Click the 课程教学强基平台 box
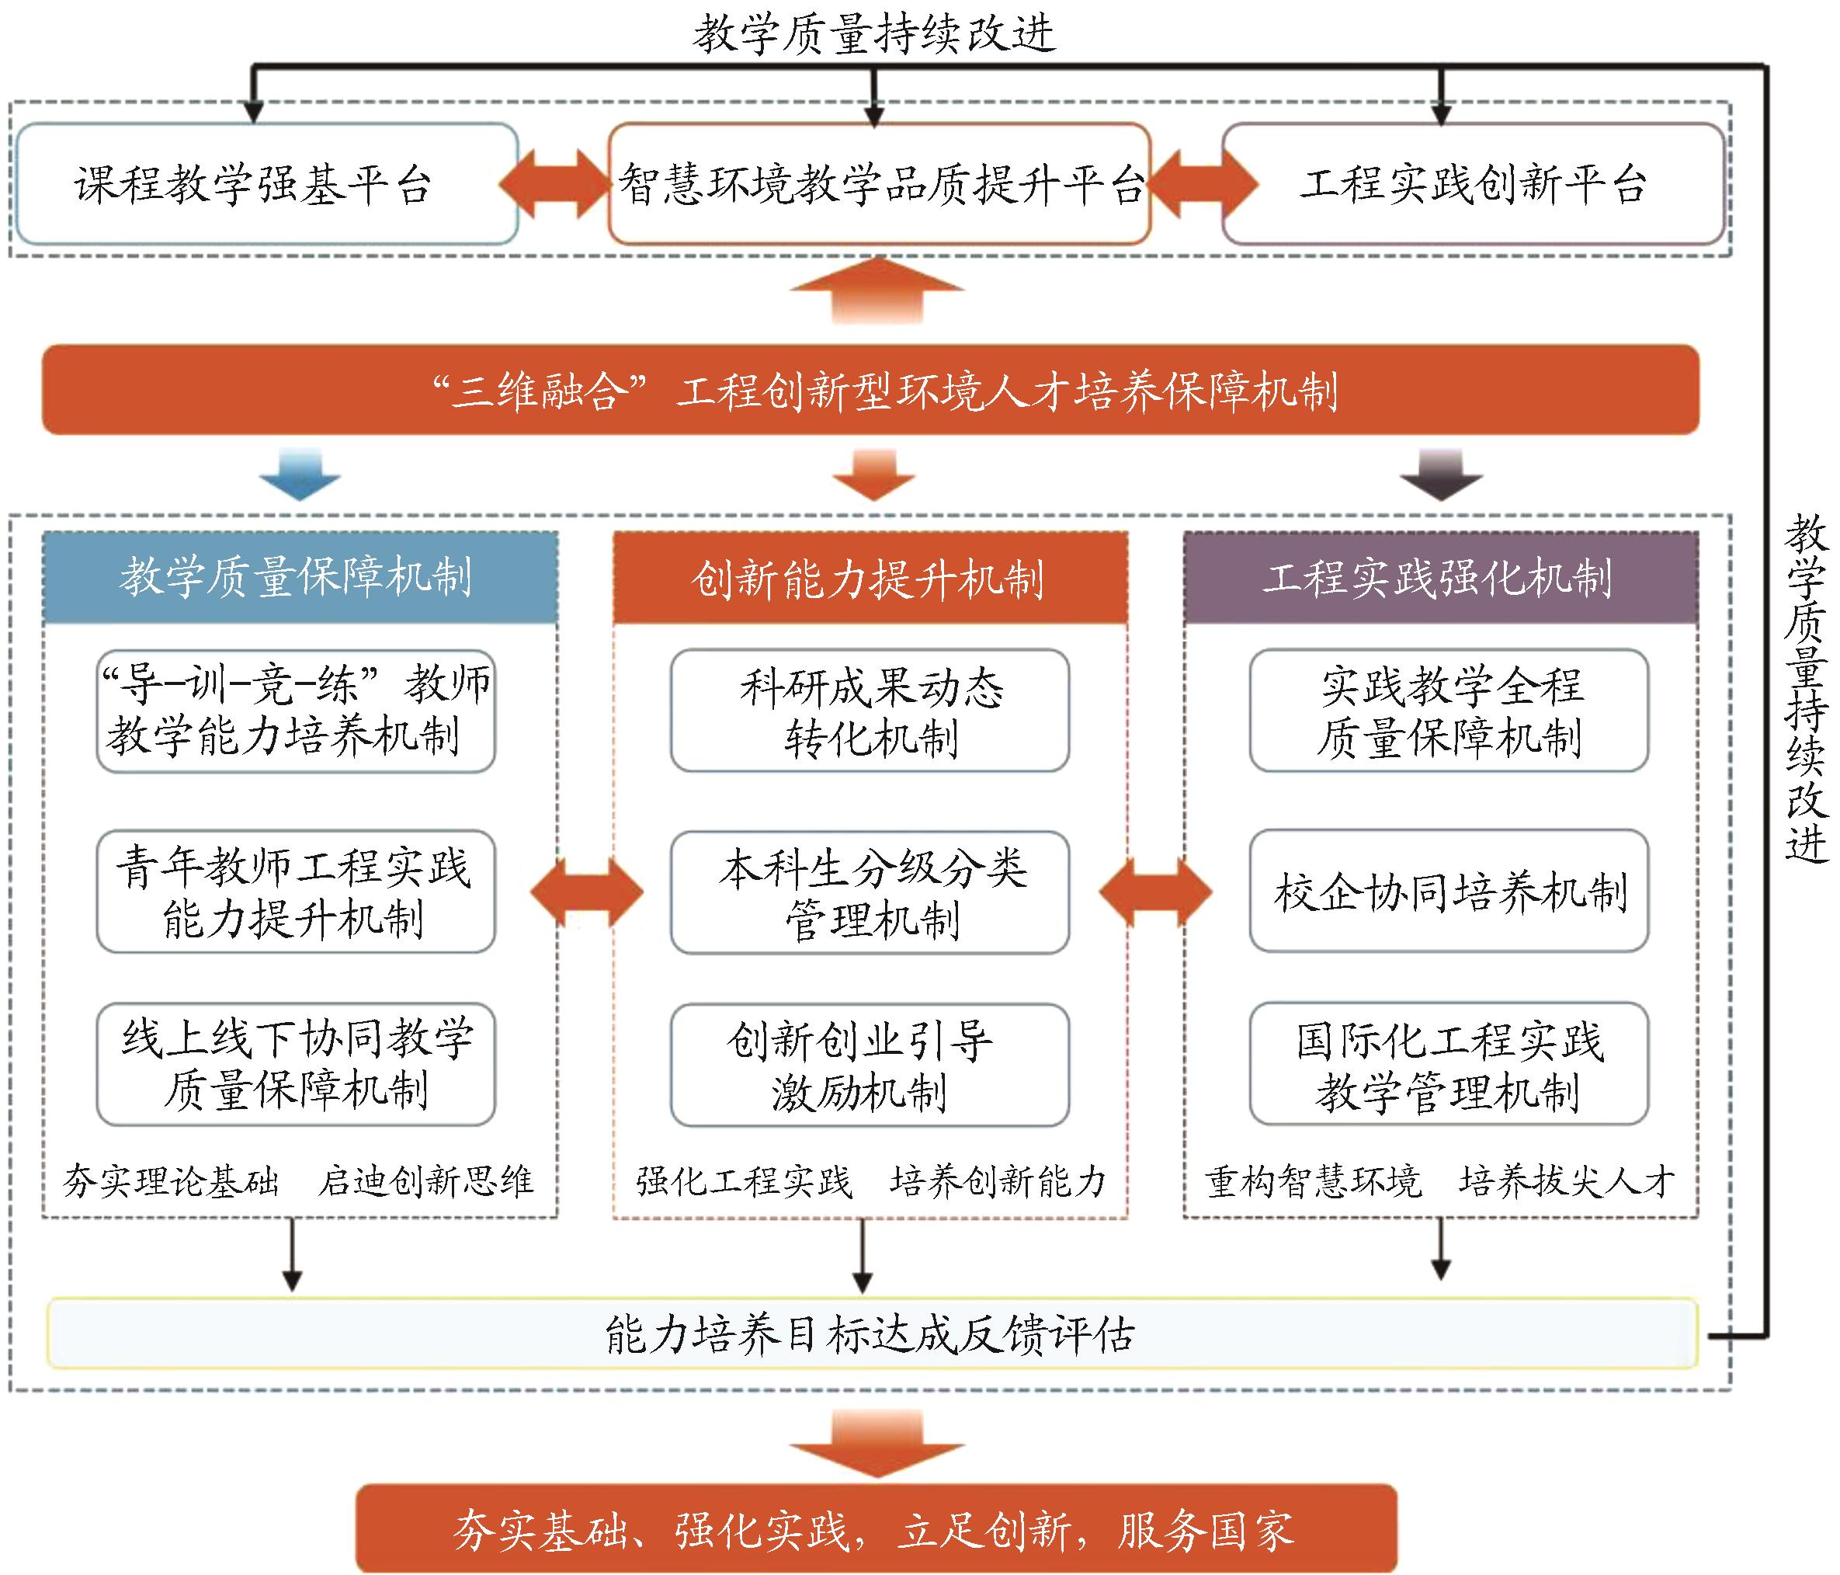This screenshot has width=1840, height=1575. [266, 184]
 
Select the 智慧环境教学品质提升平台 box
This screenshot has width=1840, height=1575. [879, 184]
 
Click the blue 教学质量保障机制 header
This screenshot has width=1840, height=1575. [299, 577]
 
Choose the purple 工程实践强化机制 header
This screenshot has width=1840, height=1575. [1440, 577]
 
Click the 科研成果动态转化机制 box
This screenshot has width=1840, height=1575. [870, 711]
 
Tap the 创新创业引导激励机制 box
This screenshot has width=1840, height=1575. [870, 1064]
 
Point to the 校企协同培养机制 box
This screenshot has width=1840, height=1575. [1449, 891]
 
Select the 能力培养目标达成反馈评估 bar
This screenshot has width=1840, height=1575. [870, 1333]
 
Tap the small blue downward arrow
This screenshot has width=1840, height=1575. [300, 475]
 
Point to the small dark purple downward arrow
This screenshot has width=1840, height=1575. [1441, 475]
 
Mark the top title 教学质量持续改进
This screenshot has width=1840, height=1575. [875, 33]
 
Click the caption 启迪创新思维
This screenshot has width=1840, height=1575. [426, 1180]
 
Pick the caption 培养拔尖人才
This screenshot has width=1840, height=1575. [1567, 1180]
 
